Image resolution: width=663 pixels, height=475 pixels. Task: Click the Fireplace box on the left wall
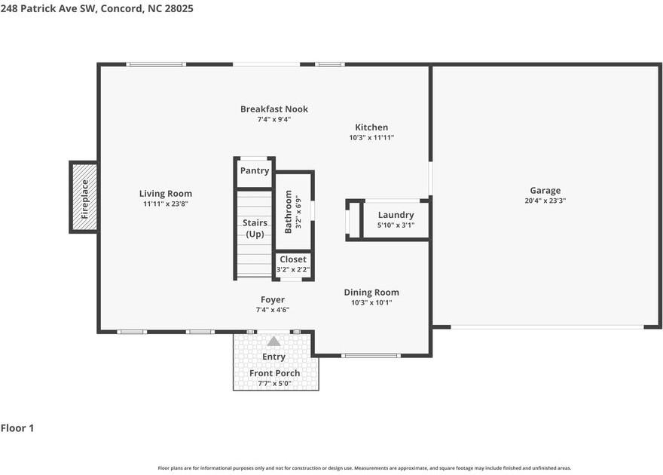[x=84, y=198]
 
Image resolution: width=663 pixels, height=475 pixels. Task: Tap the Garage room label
[x=545, y=191]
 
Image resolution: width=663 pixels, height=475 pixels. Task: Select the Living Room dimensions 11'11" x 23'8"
[x=166, y=204]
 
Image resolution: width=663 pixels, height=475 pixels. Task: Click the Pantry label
[x=255, y=171]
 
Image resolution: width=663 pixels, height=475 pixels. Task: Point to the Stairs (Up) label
[x=255, y=228]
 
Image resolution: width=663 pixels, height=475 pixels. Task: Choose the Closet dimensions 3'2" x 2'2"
[x=293, y=269]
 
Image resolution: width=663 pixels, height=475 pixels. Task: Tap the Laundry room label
[x=396, y=215]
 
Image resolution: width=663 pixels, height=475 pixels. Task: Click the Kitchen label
[x=371, y=127]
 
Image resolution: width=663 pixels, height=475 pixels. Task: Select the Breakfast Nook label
[x=274, y=109]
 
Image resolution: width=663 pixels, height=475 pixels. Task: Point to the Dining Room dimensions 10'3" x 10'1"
[x=371, y=302]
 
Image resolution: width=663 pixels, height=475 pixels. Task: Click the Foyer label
[x=273, y=299]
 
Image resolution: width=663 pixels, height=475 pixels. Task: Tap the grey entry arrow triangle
[x=273, y=342]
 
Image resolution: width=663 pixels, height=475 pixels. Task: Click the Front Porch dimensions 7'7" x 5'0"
[x=275, y=383]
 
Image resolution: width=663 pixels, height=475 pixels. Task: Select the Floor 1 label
[x=17, y=428]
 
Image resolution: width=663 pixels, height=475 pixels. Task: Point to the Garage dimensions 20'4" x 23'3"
[x=545, y=201]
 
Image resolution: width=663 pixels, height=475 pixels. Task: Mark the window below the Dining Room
[x=370, y=355]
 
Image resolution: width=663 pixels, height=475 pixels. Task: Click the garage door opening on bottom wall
[x=547, y=326]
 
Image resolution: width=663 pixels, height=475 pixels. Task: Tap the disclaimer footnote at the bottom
[x=364, y=468]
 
